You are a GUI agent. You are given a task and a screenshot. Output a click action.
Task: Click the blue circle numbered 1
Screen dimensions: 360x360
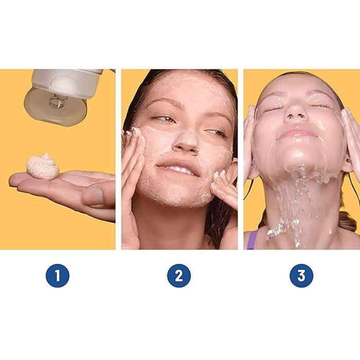[x=58, y=276]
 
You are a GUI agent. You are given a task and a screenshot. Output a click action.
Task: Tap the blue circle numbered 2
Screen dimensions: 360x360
[x=179, y=276]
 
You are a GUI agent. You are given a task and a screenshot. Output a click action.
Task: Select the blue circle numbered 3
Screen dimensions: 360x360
[x=301, y=276]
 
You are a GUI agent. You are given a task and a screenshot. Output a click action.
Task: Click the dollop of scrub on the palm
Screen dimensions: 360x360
[x=43, y=166]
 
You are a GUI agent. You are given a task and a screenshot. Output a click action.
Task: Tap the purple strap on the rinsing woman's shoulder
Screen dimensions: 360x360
[x=251, y=240]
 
